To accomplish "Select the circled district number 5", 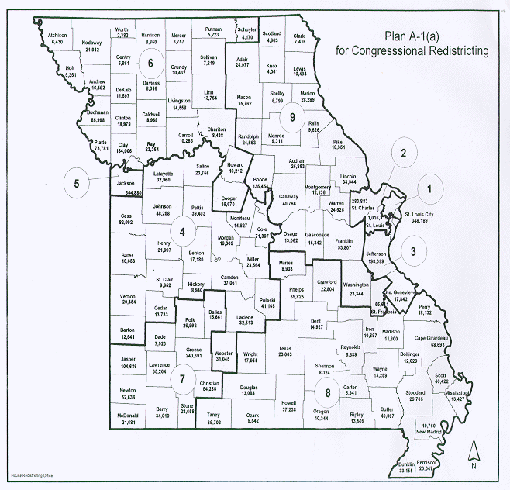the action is click(x=77, y=184).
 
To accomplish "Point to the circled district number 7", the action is click(x=182, y=379).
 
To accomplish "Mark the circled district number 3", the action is click(x=414, y=250).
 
